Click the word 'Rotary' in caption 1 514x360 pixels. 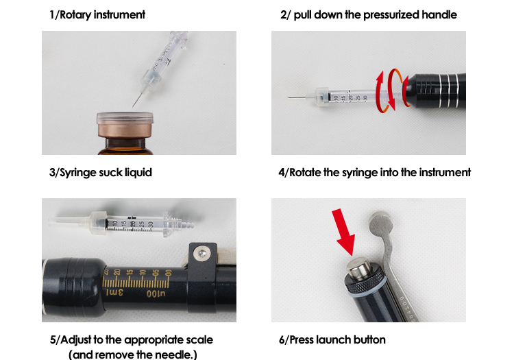point(78,14)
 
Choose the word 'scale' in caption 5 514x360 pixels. point(199,339)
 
